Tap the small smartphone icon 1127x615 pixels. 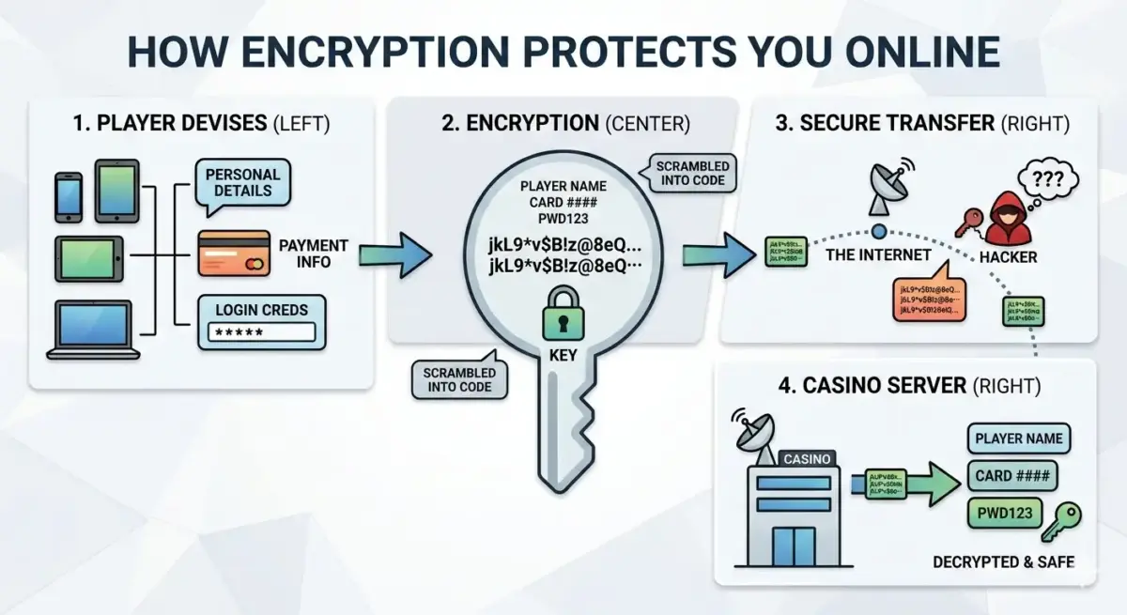coord(69,197)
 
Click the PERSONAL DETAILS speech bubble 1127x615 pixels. coord(242,183)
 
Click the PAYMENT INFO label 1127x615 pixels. coord(313,254)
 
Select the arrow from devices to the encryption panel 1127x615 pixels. coord(394,254)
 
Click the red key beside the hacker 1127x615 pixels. coord(968,223)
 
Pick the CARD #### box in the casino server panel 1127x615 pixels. coord(1011,476)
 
